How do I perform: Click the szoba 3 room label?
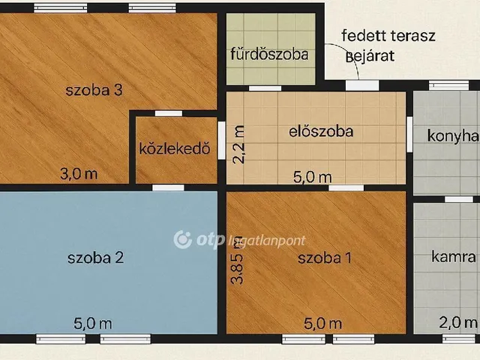click(x=94, y=91)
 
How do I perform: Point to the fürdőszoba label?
click(x=269, y=54)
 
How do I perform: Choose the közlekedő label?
click(x=174, y=148)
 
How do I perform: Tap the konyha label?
click(x=452, y=136)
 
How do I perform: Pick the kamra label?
click(x=454, y=257)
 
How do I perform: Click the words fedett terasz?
click(x=388, y=37)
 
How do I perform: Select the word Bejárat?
click(x=369, y=55)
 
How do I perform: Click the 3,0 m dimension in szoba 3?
click(x=78, y=174)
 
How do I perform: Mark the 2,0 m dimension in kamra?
click(x=458, y=323)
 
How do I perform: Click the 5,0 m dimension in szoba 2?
click(x=93, y=323)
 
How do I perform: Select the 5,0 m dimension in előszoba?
click(x=311, y=177)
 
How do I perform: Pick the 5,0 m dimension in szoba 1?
click(x=322, y=323)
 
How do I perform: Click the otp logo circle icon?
click(x=182, y=239)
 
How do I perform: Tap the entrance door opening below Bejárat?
click(x=362, y=85)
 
